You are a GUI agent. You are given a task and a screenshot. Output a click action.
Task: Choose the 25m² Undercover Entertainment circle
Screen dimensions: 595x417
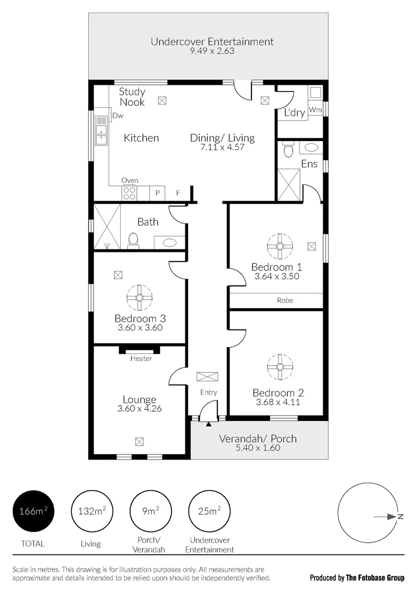(209, 511)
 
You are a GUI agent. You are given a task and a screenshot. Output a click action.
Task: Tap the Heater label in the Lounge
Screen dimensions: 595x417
(141, 359)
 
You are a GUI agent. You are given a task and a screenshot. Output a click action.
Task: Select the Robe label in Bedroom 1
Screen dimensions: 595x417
(285, 300)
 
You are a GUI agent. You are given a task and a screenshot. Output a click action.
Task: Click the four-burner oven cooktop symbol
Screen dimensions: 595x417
(129, 193)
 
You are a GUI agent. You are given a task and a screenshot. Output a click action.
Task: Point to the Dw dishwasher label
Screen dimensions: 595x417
(117, 116)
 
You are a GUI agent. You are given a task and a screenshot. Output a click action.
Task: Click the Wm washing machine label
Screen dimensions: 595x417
(315, 110)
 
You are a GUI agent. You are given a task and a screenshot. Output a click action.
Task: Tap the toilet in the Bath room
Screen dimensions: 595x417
(132, 240)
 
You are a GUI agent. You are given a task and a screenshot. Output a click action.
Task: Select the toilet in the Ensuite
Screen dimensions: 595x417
(287, 150)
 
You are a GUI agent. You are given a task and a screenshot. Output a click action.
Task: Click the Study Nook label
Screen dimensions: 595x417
(132, 97)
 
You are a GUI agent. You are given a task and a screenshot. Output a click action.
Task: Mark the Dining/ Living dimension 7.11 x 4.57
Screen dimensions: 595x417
(222, 147)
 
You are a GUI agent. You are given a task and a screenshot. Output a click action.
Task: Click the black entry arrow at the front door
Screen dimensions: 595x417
(209, 424)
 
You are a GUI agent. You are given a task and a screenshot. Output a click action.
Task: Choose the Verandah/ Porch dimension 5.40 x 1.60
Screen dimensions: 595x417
(258, 448)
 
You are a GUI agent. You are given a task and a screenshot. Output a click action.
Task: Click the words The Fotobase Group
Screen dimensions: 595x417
(375, 578)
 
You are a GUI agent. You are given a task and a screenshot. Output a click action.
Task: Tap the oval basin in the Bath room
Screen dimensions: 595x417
(169, 242)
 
